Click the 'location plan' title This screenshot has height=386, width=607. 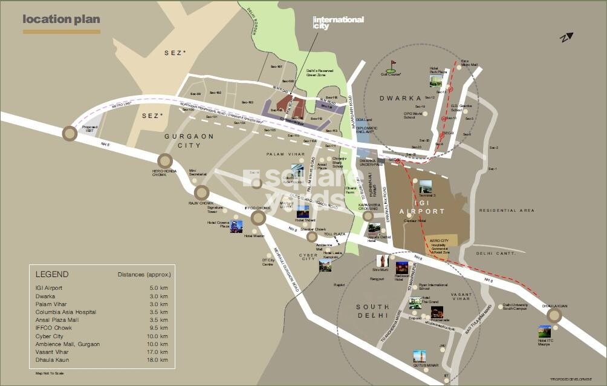tap(61, 19)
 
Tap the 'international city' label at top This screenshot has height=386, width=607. tap(338, 22)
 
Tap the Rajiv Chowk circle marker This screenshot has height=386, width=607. tap(201, 193)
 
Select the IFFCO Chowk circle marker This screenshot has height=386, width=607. tap(259, 218)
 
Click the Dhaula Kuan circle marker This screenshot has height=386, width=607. tap(554, 315)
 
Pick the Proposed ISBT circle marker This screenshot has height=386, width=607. tap(70, 133)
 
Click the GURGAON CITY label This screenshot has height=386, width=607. tap(189, 141)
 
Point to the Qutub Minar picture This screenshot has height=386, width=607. tap(420, 356)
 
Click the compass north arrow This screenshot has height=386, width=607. tap(565, 38)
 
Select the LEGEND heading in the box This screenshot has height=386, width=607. tap(52, 274)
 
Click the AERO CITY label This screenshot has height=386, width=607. tap(440, 240)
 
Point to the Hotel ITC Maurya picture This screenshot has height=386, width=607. tap(544, 332)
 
